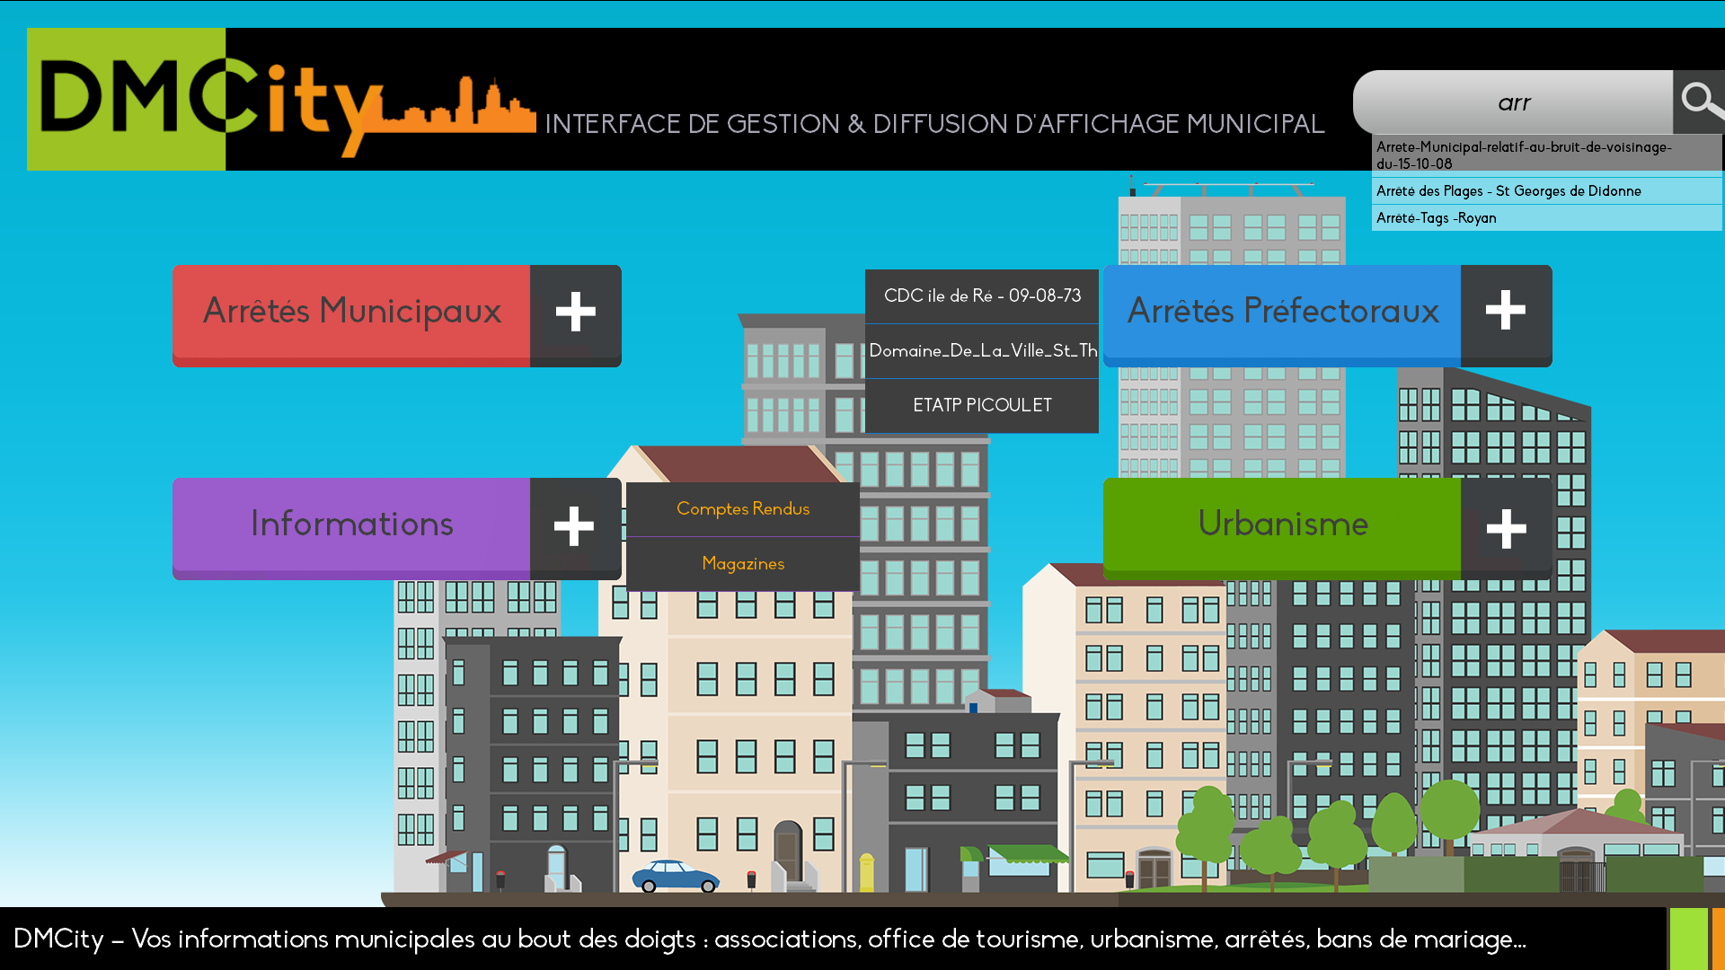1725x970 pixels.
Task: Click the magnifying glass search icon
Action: [1700, 101]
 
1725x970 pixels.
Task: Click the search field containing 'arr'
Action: [1513, 102]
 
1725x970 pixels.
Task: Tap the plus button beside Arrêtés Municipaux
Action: [576, 313]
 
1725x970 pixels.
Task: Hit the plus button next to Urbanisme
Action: [1506, 528]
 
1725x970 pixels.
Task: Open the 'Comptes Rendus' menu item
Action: [743, 509]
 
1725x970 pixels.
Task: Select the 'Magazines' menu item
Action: [743, 564]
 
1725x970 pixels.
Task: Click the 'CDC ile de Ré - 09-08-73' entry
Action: [982, 295]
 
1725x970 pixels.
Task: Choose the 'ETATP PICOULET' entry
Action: [982, 405]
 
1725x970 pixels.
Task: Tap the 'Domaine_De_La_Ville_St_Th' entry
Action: [982, 350]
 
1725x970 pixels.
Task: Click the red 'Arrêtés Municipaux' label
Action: [352, 311]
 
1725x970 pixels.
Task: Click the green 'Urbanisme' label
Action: [1283, 524]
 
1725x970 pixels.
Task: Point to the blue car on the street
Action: [676, 876]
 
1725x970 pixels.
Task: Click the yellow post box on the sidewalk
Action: [866, 872]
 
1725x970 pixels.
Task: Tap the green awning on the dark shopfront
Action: [1029, 853]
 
